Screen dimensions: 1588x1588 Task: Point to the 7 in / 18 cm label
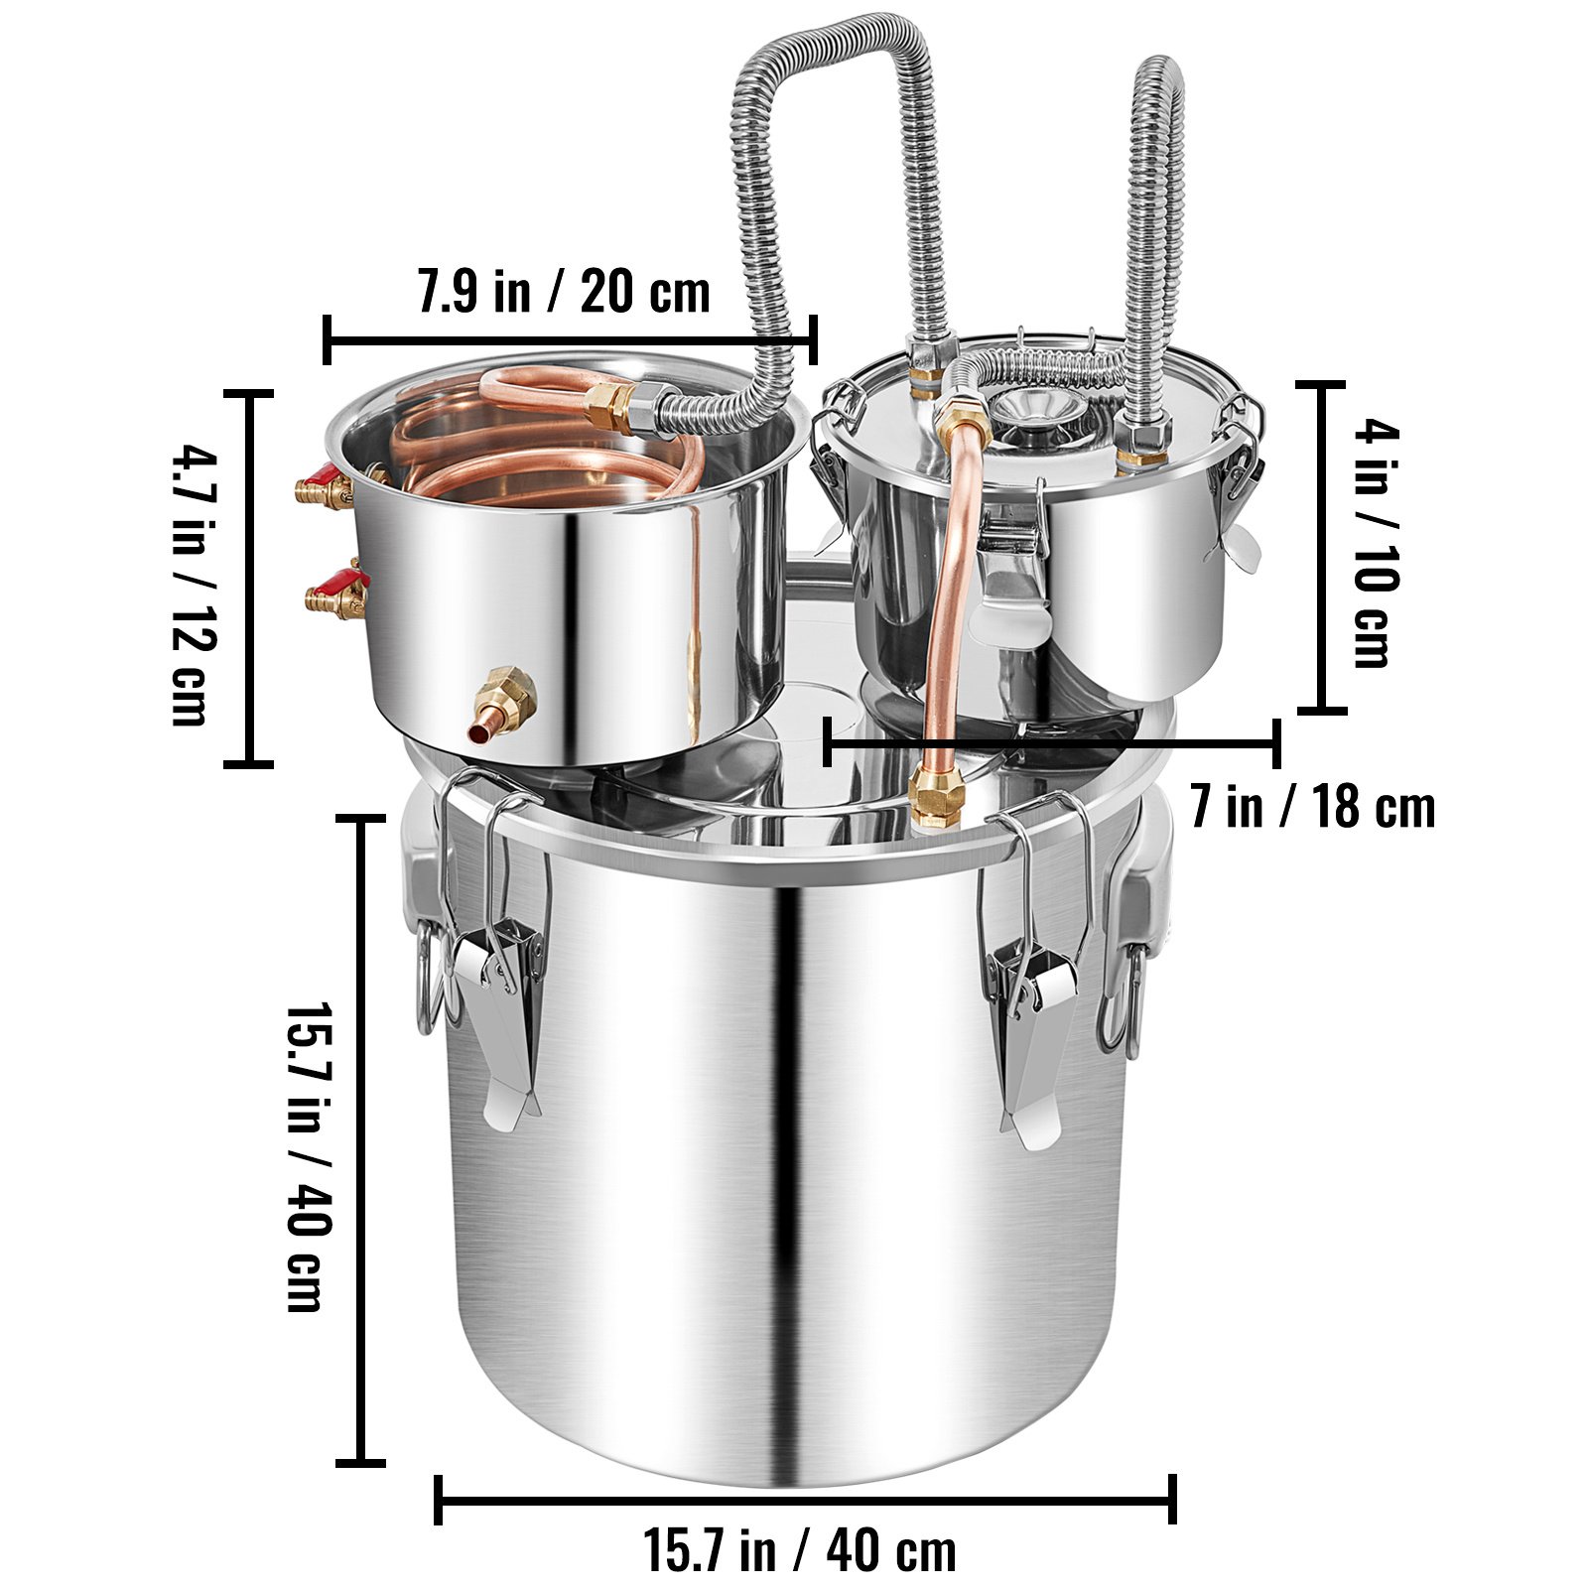point(1313,806)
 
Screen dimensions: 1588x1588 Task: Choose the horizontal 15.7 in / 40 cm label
point(801,1550)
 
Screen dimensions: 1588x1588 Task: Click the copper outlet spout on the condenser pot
point(501,705)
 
